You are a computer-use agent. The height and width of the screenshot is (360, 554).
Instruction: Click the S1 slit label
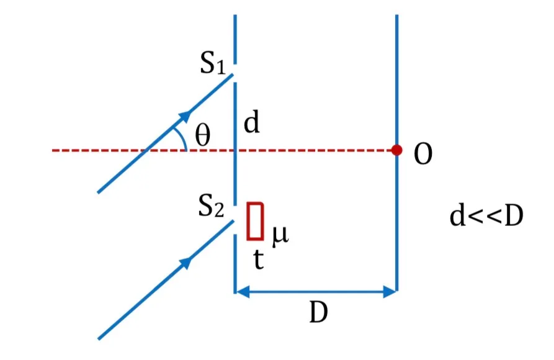tap(212, 64)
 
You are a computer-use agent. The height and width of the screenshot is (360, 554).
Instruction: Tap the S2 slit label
tap(211, 206)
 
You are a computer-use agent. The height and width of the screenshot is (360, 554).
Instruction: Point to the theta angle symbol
tap(203, 135)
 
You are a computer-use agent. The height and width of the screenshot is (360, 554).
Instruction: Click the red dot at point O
tap(396, 150)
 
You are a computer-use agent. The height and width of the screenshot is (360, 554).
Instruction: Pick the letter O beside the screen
tap(423, 154)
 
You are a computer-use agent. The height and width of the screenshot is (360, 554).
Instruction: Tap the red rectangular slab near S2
tap(255, 222)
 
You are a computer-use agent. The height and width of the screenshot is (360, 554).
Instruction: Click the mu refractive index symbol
tap(280, 235)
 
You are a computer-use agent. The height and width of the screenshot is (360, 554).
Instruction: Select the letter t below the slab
tap(259, 259)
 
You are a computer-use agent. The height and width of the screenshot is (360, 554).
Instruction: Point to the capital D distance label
tap(318, 312)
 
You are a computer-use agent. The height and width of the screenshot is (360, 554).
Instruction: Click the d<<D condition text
tap(486, 216)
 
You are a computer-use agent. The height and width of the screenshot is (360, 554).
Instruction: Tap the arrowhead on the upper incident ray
tap(185, 116)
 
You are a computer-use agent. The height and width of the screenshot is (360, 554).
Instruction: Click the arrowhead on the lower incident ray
tap(185, 263)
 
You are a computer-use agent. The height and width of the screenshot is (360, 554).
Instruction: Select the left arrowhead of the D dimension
tap(243, 292)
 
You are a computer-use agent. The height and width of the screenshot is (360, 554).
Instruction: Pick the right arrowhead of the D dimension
tap(390, 292)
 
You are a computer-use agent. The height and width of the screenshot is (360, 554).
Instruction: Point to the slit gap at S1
tap(235, 73)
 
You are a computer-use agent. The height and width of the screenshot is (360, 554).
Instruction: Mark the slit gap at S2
tap(235, 220)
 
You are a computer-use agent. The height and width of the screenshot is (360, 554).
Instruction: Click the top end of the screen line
tap(396, 15)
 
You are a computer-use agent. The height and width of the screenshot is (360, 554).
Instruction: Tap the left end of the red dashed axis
tap(52, 151)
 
